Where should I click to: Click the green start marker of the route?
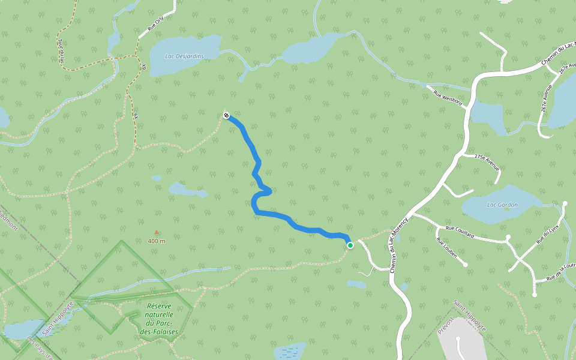pyautogui.click(x=350, y=245)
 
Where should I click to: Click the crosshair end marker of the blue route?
pyautogui.click(x=226, y=115)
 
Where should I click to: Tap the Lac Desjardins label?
pyautogui.click(x=184, y=56)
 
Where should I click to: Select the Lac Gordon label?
pyautogui.click(x=502, y=205)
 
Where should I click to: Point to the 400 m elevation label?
pyautogui.click(x=157, y=241)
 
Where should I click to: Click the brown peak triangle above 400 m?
pyautogui.click(x=157, y=232)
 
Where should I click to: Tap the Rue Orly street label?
pyautogui.click(x=155, y=23)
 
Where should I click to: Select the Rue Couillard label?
pyautogui.click(x=460, y=232)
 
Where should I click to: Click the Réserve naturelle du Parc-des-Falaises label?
pyautogui.click(x=159, y=319)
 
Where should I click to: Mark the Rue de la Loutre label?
pyautogui.click(x=561, y=272)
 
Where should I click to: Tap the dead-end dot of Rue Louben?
pyautogui.click(x=465, y=264)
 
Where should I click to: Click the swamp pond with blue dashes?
pyautogui.click(x=290, y=350)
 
